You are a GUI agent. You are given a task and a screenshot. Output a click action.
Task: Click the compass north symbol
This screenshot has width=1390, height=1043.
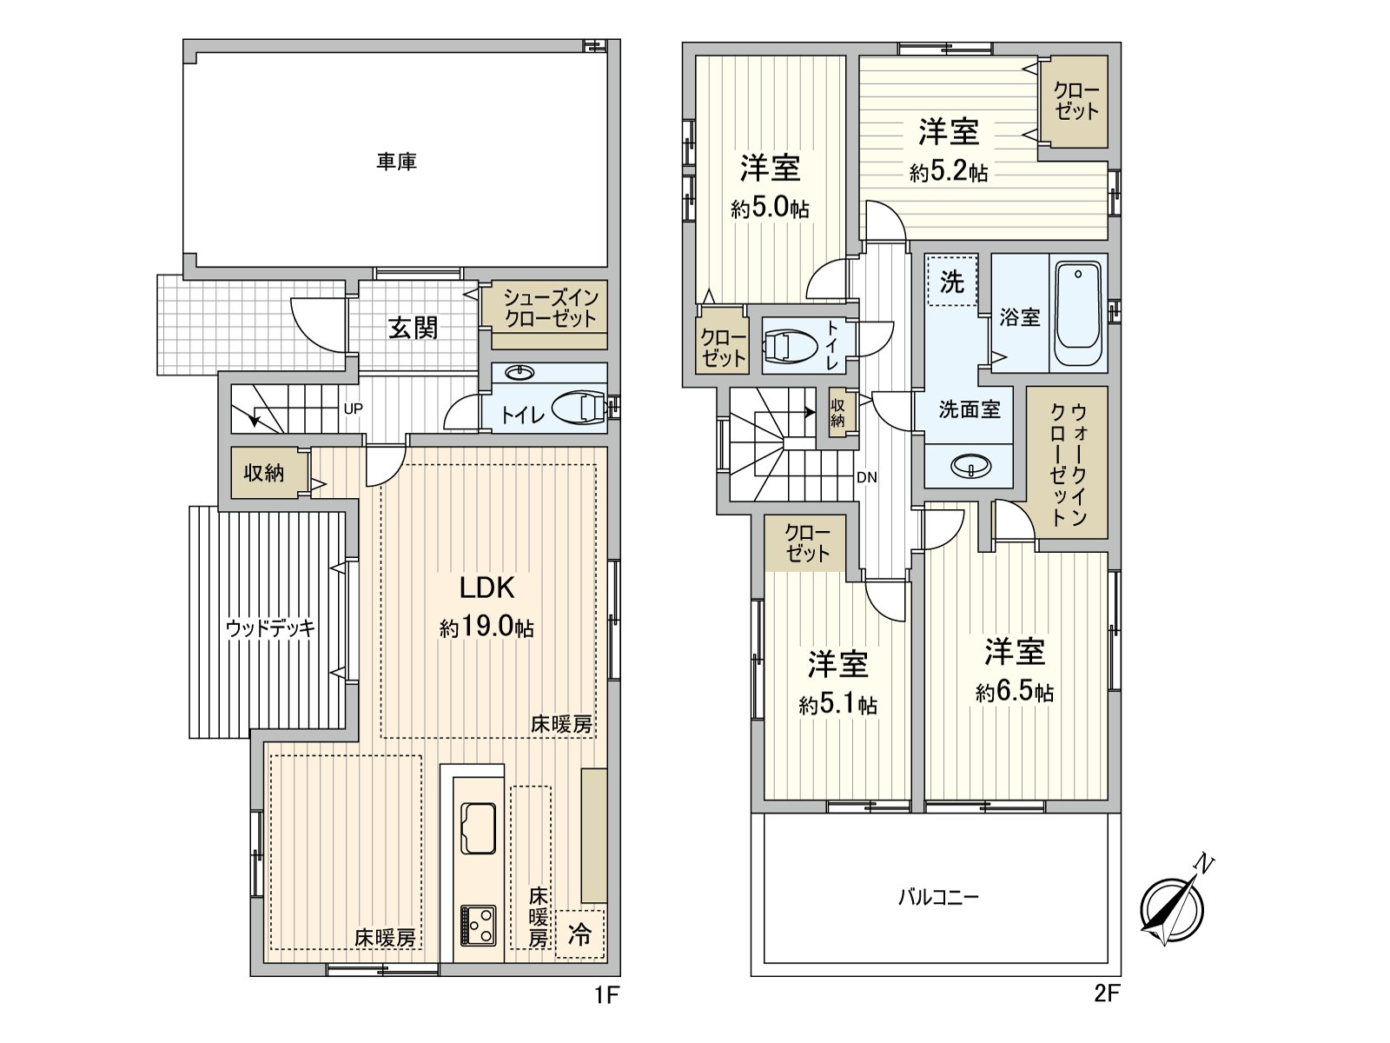pyautogui.click(x=1173, y=906)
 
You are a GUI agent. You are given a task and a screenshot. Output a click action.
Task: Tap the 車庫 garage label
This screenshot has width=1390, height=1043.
pyautogui.click(x=396, y=162)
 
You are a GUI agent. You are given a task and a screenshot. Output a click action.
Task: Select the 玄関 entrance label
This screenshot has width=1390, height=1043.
pyautogui.click(x=413, y=328)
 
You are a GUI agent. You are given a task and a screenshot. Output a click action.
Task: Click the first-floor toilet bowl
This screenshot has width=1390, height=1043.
pyautogui.click(x=579, y=408)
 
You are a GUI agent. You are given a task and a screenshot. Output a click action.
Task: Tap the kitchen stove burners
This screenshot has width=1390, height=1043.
pyautogui.click(x=478, y=924)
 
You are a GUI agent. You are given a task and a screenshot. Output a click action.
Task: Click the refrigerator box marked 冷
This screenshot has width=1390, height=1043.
pyautogui.click(x=579, y=933)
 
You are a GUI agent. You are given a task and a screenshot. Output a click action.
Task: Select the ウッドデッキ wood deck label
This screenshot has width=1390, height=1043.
pyautogui.click(x=269, y=628)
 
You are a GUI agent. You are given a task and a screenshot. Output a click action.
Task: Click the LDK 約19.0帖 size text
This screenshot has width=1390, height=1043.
pyautogui.click(x=486, y=628)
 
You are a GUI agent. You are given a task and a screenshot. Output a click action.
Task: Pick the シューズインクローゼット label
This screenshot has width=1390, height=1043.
pyautogui.click(x=551, y=307)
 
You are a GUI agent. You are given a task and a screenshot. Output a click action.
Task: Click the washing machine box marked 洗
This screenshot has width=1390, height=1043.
pyautogui.click(x=952, y=281)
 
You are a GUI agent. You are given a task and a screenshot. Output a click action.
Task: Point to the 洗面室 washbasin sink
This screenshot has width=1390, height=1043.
pyautogui.click(x=970, y=467)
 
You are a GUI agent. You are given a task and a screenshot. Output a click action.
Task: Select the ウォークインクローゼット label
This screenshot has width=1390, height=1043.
pyautogui.click(x=1068, y=463)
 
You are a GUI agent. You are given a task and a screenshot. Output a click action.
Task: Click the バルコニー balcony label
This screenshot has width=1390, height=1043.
pyautogui.click(x=938, y=896)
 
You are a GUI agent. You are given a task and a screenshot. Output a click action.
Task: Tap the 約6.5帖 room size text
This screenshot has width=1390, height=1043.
pyautogui.click(x=1015, y=693)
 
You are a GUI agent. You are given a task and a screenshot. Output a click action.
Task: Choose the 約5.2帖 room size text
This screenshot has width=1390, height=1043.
pyautogui.click(x=949, y=172)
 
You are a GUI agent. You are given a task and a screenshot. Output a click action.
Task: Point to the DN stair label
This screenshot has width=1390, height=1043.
pyautogui.click(x=866, y=477)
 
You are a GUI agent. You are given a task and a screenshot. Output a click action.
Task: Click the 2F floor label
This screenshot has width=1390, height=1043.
pyautogui.click(x=1106, y=993)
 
